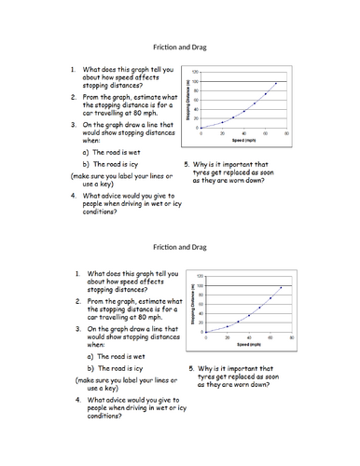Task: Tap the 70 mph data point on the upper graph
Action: (x=276, y=83)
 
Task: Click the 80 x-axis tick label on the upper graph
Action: (x=286, y=132)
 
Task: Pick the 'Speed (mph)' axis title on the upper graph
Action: (x=244, y=140)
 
